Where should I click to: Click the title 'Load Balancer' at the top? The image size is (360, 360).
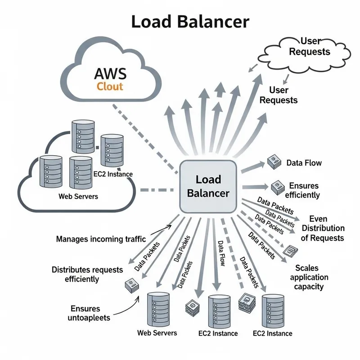pos(189,22)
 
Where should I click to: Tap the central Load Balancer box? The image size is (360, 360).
pos(208,186)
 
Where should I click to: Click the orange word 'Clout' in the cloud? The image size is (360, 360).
pos(110,86)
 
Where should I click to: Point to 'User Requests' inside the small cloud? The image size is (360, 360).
pos(309,46)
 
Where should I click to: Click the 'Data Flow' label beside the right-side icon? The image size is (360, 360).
pos(304,163)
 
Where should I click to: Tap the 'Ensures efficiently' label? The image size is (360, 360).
pos(304,190)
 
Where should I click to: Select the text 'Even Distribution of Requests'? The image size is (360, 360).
pos(323,228)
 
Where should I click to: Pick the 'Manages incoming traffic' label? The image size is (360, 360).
pos(101,239)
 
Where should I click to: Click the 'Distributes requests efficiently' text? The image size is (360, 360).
pos(87,274)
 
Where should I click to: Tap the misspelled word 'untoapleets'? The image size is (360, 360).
pos(92,318)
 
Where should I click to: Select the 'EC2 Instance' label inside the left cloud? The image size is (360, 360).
pos(113,174)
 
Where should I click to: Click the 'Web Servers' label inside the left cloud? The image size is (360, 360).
pos(78,197)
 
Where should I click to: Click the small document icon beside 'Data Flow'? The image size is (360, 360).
pos(274,162)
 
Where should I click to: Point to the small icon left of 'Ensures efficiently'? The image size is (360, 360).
pos(277,186)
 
